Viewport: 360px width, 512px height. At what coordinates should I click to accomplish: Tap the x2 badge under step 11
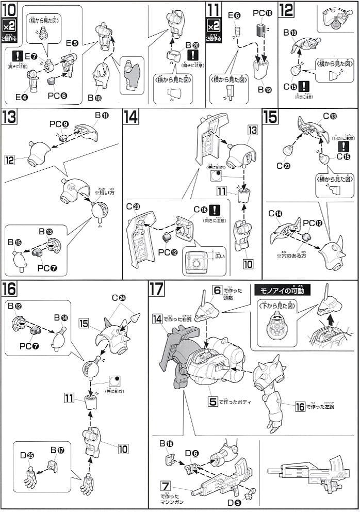pyautogui.click(x=212, y=25)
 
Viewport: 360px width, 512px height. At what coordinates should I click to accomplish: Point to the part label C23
pyautogui.click(x=283, y=166)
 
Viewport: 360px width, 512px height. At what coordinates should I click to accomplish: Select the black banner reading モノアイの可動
pyautogui.click(x=282, y=291)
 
